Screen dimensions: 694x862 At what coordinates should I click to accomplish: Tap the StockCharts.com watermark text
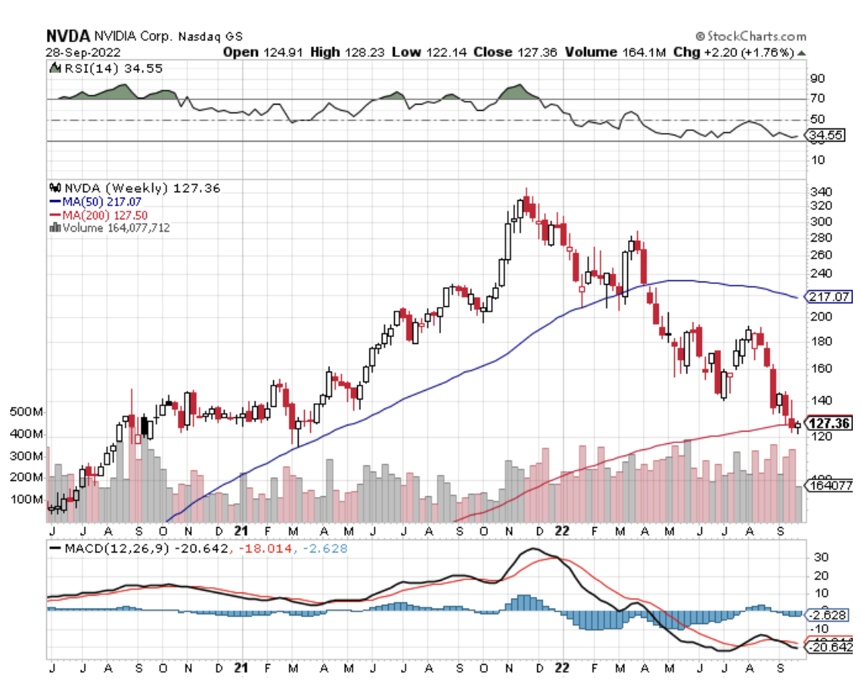pyautogui.click(x=755, y=36)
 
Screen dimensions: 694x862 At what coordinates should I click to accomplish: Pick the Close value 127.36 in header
pyautogui.click(x=537, y=52)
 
